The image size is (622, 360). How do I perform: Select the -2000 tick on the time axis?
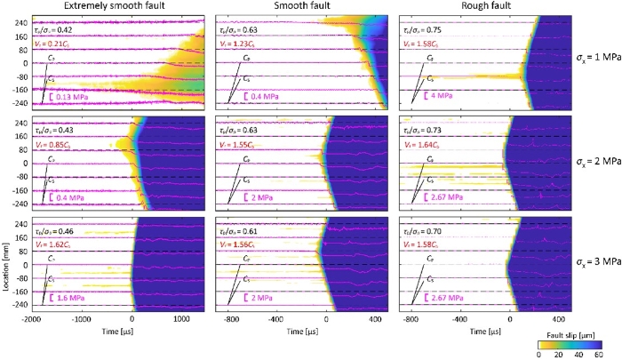click(32, 318)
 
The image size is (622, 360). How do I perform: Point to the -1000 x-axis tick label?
click(82, 318)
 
